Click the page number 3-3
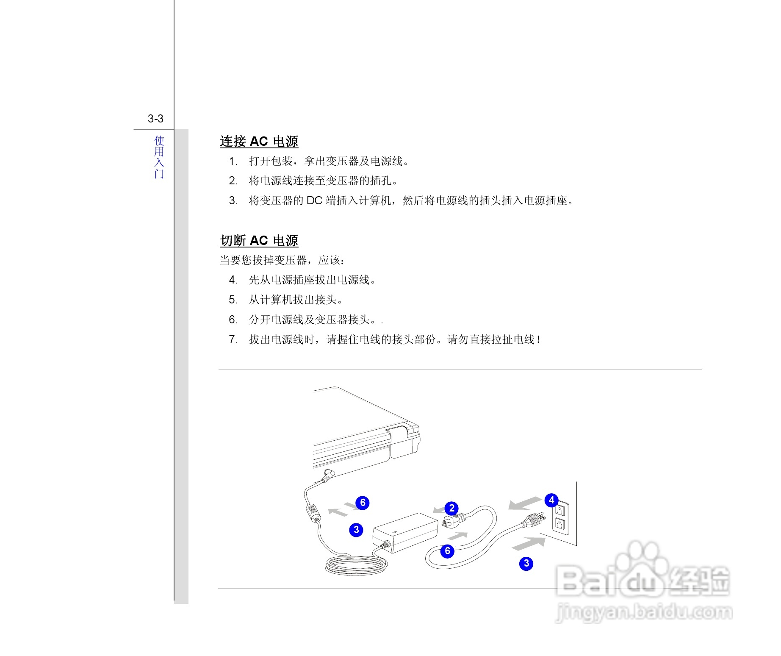(155, 119)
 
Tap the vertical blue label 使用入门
(159, 157)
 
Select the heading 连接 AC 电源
(259, 141)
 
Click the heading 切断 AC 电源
(259, 240)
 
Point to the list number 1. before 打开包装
(233, 161)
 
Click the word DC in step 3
(314, 200)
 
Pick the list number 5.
(233, 300)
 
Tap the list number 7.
(233, 339)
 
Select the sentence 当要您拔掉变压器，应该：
(282, 260)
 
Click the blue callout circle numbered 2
(451, 508)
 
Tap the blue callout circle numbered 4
(551, 500)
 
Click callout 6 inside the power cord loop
(447, 551)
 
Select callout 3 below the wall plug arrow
(526, 564)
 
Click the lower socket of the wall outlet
(559, 525)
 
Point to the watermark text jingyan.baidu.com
(644, 612)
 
